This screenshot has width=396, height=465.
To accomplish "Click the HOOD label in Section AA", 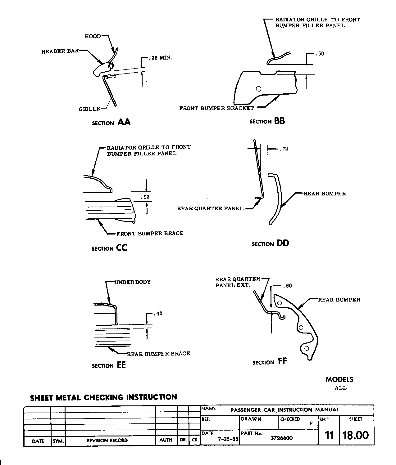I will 93,36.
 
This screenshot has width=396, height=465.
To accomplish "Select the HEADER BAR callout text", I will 60,51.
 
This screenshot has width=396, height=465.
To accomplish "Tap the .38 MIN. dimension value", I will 161,58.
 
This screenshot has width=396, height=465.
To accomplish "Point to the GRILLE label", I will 89,109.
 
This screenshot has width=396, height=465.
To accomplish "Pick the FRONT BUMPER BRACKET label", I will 216,108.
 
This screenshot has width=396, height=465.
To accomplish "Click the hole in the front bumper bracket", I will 258,89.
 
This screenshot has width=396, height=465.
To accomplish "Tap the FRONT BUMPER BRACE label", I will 150,233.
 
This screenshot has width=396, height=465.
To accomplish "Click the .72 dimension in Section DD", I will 284,149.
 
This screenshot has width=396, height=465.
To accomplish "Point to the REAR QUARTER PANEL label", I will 210,208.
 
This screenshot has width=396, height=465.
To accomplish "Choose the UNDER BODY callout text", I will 133,282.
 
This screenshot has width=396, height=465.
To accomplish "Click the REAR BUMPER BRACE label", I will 158,354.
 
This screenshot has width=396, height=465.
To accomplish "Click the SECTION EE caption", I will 109,365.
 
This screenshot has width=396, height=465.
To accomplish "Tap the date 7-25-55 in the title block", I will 228,439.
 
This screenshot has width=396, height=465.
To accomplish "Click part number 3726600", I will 282,438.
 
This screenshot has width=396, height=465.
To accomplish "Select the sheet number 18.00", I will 356,435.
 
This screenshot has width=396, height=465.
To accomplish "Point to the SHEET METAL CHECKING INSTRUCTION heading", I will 103,397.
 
